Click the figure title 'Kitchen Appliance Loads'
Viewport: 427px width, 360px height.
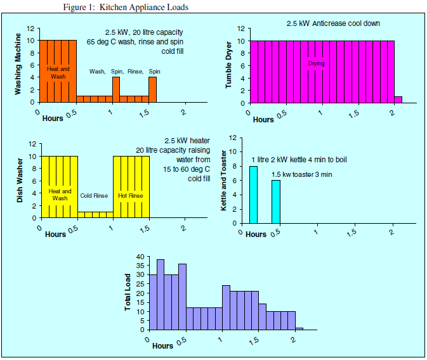pyautogui.click(x=144, y=7)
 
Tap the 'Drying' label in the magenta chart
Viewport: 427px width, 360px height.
pyautogui.click(x=316, y=63)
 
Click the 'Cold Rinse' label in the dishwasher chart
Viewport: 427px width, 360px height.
pyautogui.click(x=95, y=196)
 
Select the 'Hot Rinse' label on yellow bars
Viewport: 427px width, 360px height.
pyautogui.click(x=131, y=196)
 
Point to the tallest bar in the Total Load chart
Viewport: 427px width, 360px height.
pyautogui.click(x=161, y=295)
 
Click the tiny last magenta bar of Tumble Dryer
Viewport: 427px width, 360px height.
pyautogui.click(x=398, y=100)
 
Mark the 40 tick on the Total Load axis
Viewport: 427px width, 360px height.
pyautogui.click(x=141, y=257)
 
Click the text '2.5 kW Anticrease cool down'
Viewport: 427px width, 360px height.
pyautogui.click(x=333, y=23)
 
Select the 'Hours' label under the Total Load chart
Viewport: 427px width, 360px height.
pyautogui.click(x=162, y=346)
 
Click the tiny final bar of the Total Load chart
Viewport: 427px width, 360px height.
pyautogui.click(x=299, y=329)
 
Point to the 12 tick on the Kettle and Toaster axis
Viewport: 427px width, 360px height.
pyautogui.click(x=233, y=138)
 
